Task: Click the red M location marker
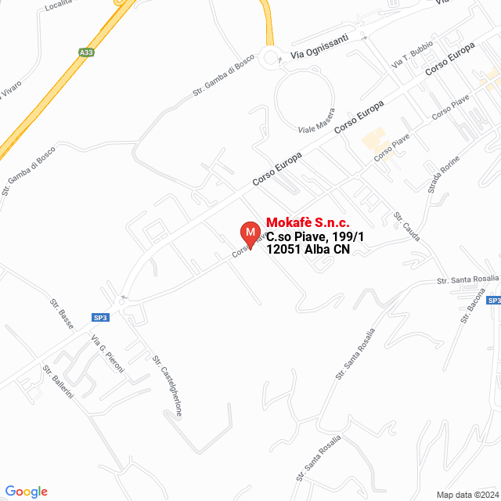point(250,233)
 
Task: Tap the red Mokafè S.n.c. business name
point(308,223)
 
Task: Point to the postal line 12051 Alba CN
point(308,250)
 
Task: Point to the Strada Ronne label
point(444,175)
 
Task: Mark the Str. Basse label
point(62,313)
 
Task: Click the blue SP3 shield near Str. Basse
point(101,318)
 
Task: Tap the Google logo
point(26,491)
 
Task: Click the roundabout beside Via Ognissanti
point(272,57)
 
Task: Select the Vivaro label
point(12,92)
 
